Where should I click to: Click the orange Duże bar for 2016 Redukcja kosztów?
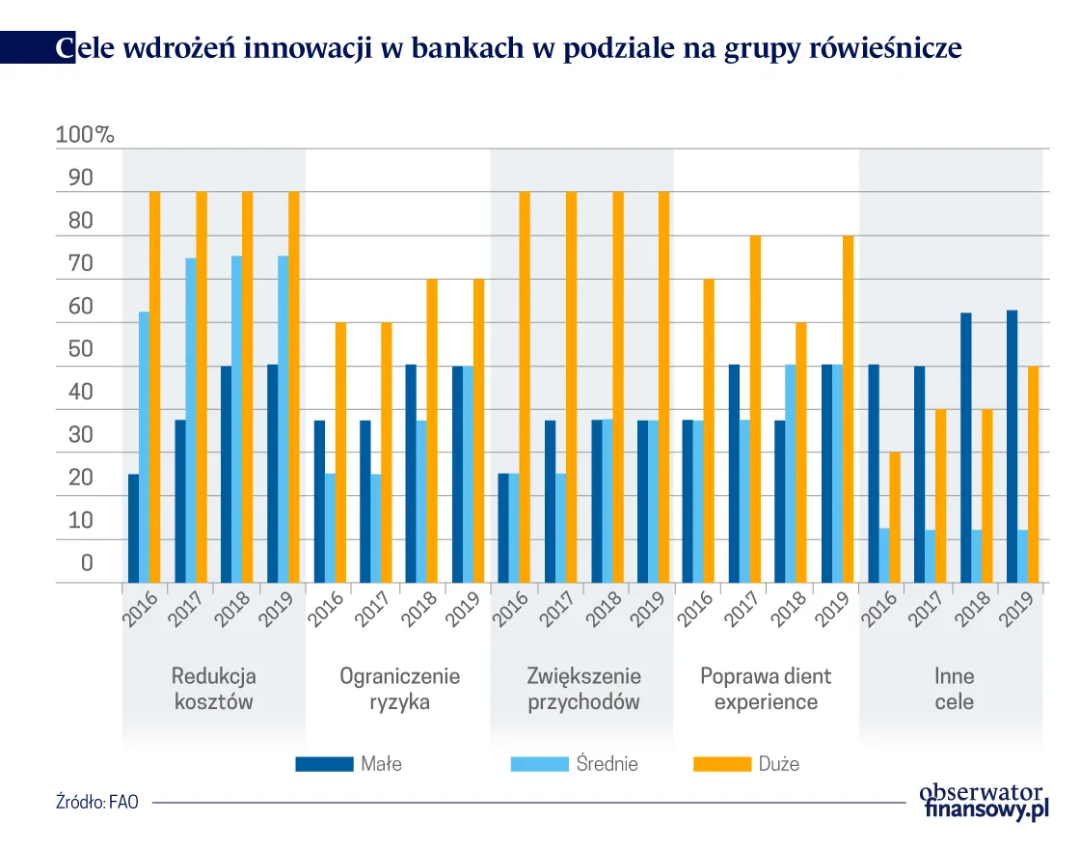point(154,386)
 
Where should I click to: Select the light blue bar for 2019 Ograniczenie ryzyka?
point(467,474)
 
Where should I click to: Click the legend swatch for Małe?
point(324,764)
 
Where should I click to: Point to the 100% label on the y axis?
point(85,136)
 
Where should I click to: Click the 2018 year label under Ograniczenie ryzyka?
point(419,609)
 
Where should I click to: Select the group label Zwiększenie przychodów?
point(583,689)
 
